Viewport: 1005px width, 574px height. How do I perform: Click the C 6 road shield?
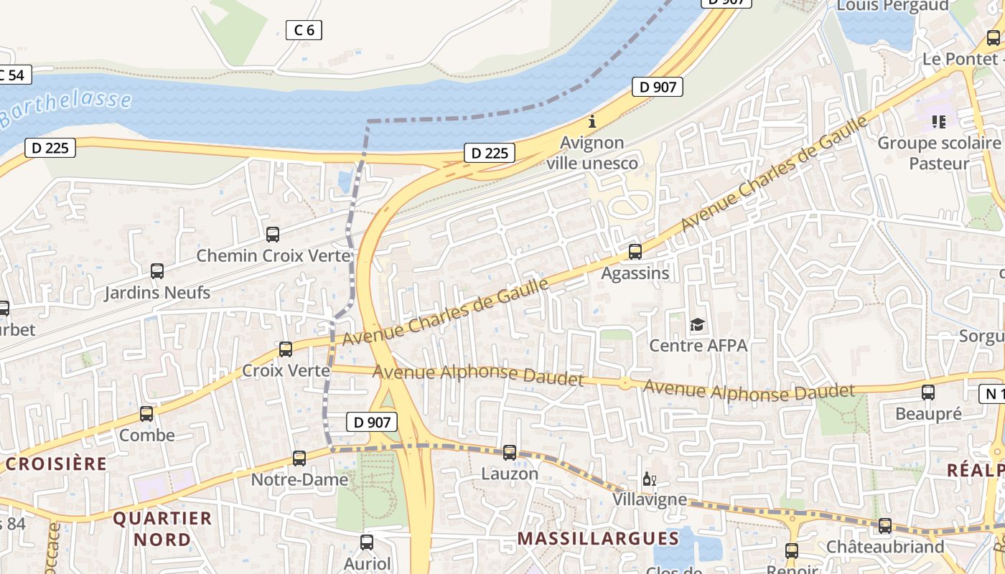point(304,29)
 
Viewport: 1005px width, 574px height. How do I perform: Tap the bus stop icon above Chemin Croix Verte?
point(273,234)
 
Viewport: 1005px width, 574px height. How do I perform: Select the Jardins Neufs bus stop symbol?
point(157,271)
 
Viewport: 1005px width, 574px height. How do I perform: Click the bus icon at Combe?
point(146,414)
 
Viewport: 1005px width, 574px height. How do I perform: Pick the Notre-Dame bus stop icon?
point(299,458)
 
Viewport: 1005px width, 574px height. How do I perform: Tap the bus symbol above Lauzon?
point(510,452)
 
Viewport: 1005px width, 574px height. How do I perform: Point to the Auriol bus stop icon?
point(367,542)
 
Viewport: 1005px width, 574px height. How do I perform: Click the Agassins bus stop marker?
point(635,252)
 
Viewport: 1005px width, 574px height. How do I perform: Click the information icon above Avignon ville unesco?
point(592,121)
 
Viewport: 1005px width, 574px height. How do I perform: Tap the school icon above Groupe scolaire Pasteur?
point(939,122)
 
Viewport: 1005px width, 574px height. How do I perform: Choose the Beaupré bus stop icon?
point(928,392)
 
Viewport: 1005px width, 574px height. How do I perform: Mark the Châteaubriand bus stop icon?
point(885,525)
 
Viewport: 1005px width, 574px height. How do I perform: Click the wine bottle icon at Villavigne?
point(649,479)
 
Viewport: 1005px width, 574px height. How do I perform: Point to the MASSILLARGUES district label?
point(598,538)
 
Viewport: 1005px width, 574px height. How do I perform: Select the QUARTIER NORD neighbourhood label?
point(163,528)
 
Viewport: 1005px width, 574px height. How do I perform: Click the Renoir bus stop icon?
point(792,550)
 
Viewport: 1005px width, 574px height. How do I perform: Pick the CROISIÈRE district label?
point(56,464)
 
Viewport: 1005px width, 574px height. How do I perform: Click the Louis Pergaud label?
point(892,6)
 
